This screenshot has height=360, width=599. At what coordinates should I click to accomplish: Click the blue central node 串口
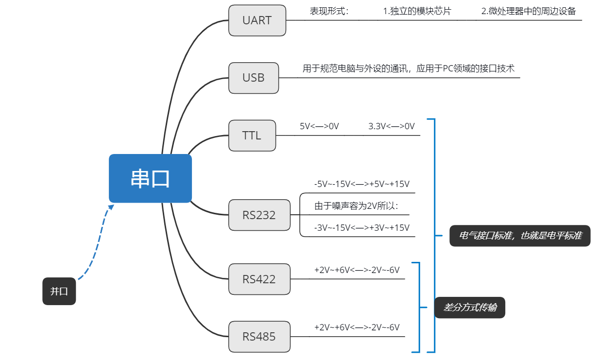(x=150, y=178)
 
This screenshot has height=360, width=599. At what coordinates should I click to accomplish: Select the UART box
(x=257, y=20)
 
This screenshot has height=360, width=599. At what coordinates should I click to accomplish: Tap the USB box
(x=254, y=78)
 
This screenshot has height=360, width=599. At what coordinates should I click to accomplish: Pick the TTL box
(x=252, y=136)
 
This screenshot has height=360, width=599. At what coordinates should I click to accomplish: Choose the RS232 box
(x=259, y=215)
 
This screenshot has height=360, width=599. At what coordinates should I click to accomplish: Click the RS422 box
(x=259, y=279)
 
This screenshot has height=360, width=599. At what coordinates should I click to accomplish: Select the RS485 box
(x=259, y=336)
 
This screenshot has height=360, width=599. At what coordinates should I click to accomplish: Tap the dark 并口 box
(x=59, y=291)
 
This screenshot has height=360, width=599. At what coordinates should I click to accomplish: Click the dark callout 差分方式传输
(x=469, y=308)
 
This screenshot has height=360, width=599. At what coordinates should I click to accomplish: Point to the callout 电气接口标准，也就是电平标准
(x=520, y=236)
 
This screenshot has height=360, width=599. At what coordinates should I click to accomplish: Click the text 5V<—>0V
(x=319, y=126)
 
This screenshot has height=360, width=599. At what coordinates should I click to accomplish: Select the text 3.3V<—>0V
(x=392, y=126)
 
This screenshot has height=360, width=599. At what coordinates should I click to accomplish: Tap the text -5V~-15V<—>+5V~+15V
(x=361, y=184)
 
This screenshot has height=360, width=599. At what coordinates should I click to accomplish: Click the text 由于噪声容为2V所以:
(x=356, y=206)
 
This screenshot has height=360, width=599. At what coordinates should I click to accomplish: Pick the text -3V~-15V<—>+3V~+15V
(x=361, y=227)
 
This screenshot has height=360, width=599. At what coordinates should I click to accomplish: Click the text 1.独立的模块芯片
(x=417, y=11)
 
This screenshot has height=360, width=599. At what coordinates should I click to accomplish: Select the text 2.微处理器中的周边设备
(x=529, y=11)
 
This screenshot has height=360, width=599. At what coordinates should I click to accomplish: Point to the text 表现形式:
(x=329, y=11)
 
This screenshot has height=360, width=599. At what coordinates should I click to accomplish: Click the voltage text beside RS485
(x=357, y=327)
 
